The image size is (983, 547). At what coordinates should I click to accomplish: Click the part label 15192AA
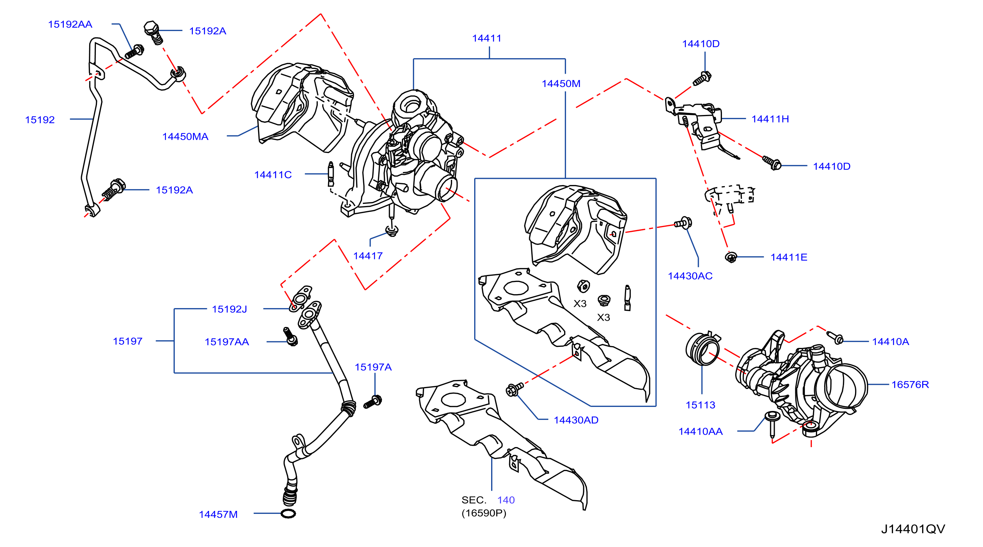pos(70,24)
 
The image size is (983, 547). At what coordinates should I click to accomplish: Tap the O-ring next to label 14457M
pos(288,513)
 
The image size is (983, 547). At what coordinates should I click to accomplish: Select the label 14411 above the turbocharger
pos(487,38)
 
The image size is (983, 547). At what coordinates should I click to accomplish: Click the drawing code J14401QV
pos(913,529)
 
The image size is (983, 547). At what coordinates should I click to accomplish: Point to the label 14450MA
pos(185,136)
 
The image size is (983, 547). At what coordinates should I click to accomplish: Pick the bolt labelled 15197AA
pos(291,337)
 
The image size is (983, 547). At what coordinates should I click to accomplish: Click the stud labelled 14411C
pos(331,174)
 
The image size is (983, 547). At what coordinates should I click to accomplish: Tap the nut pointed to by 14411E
pos(731,257)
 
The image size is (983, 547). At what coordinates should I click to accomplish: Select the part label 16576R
pos(910,384)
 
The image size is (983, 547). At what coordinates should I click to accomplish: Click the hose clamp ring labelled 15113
pos(702,349)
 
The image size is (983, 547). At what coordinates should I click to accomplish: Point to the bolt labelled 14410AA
pos(772,424)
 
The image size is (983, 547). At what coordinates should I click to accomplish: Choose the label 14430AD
pos(576,420)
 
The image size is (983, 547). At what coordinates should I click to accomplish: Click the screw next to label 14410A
pos(834,337)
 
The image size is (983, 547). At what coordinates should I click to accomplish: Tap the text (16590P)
pos(484,513)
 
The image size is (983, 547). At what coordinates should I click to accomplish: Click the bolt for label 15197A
pos(372,402)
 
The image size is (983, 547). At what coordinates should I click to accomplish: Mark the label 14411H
pos(770,119)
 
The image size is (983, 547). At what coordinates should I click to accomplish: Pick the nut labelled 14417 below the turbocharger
pos(392,230)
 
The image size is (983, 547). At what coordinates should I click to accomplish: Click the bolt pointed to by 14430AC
pos(683,223)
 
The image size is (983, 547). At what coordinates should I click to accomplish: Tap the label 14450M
pos(561,84)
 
